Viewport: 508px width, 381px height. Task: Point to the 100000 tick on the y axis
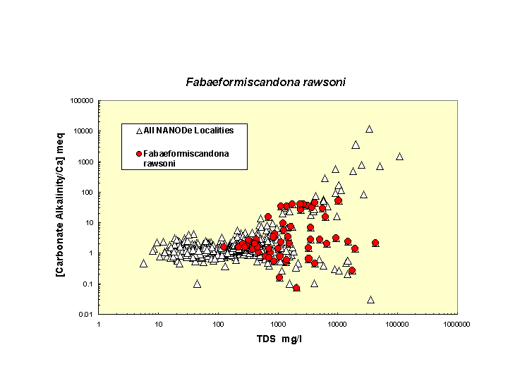point(83,101)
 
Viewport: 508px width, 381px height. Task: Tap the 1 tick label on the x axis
point(99,324)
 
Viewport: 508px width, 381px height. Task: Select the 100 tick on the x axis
point(218,324)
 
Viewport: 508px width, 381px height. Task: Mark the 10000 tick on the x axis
point(337,324)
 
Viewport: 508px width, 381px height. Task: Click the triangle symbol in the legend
point(139,131)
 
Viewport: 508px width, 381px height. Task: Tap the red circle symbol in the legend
point(139,153)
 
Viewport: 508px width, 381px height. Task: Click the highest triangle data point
point(369,129)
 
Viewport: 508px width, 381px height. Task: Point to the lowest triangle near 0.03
point(370,300)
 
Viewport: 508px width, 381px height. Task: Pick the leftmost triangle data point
point(143,263)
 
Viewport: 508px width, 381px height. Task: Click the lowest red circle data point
point(296,288)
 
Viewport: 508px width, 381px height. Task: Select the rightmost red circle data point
point(375,243)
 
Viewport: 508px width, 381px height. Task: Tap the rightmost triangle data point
point(399,157)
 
